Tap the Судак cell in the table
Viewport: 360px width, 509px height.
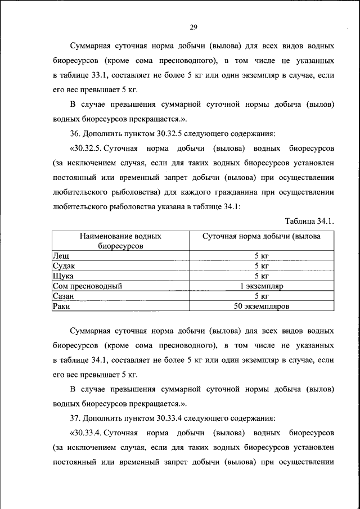coord(64,266)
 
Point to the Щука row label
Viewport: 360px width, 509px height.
coord(62,276)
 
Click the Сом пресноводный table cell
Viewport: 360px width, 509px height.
coord(87,286)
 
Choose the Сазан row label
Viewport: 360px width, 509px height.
coord(64,296)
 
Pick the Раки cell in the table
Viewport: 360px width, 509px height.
coord(61,307)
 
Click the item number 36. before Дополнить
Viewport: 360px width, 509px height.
coord(75,134)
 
